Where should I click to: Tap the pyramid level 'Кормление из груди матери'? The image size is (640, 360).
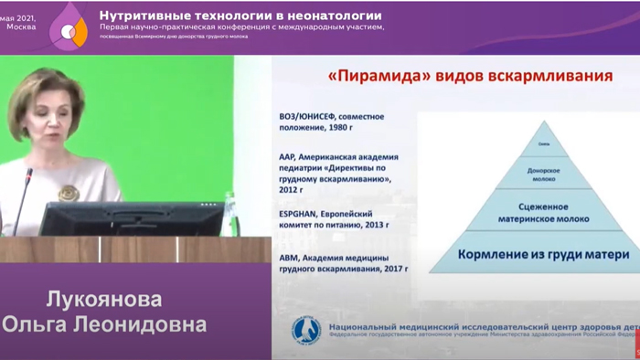pos(530,254)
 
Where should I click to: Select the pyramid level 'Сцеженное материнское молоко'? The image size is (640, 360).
pos(531,213)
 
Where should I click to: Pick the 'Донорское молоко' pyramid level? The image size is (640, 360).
pos(531,175)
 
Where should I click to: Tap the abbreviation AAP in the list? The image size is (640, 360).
pos(288,156)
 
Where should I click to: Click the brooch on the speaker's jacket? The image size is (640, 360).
pos(68,193)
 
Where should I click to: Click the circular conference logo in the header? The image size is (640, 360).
pos(66,30)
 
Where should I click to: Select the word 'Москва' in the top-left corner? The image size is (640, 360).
pos(20,26)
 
